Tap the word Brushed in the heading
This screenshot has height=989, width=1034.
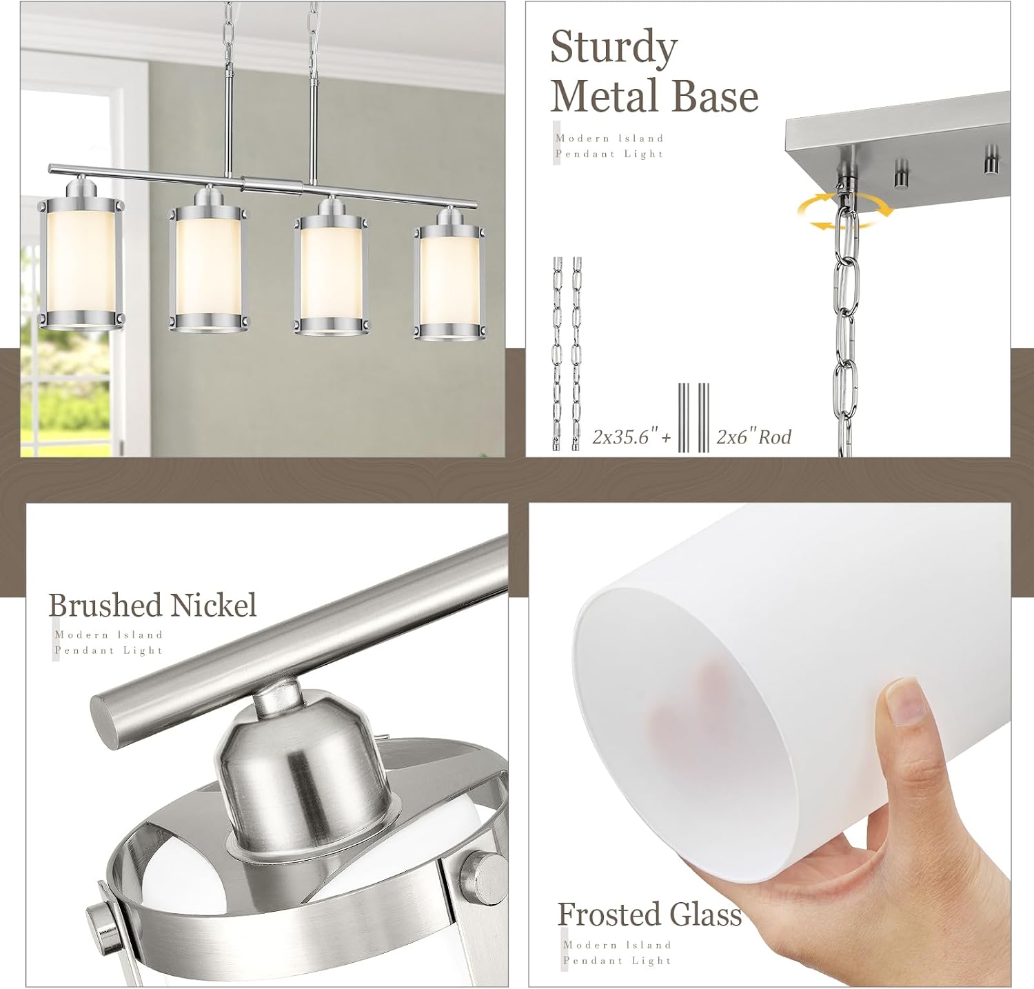tap(105, 605)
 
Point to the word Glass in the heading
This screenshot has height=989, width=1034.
tap(704, 915)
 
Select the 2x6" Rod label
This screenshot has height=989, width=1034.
tap(753, 437)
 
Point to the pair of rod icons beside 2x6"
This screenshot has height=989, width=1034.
tap(693, 417)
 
